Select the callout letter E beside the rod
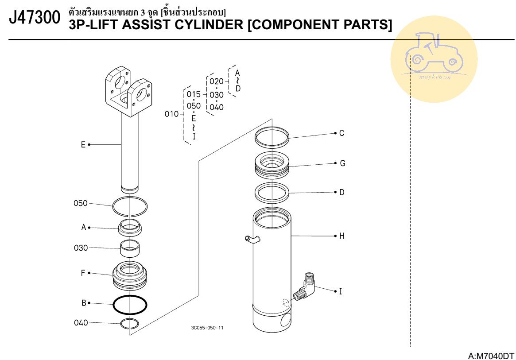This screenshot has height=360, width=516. point(83,144)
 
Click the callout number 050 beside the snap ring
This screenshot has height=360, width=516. point(81,203)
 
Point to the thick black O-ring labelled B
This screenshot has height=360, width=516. point(130,304)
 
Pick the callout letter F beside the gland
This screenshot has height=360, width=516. point(83,273)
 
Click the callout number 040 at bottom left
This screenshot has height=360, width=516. point(81,322)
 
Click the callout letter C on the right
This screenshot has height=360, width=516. point(341,133)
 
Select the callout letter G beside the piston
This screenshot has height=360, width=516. point(342,163)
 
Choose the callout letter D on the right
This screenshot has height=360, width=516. point(341,193)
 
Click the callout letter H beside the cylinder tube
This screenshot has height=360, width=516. point(341,236)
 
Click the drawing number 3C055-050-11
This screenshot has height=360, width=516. point(207,328)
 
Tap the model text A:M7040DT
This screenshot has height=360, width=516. point(491,356)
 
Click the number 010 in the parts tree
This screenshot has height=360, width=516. point(171,114)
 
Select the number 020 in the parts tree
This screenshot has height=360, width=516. point(217,81)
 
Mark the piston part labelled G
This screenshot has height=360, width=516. point(272,164)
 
